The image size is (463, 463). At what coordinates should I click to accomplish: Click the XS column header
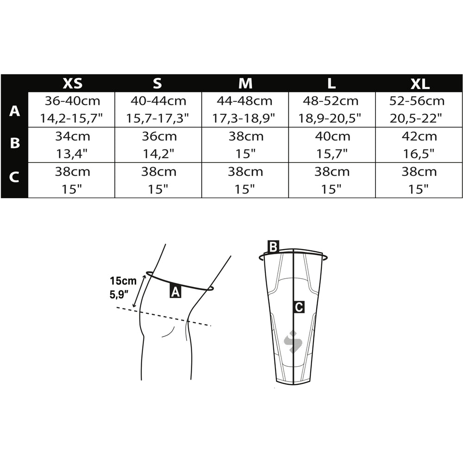(x=72, y=83)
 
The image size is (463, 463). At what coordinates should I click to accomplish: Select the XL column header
(x=420, y=84)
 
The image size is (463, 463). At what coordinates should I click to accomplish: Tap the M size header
(x=245, y=83)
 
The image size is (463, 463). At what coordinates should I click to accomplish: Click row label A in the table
(x=14, y=111)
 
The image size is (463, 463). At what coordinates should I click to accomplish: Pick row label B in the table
(x=15, y=143)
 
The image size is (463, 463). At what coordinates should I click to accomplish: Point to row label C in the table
(x=14, y=177)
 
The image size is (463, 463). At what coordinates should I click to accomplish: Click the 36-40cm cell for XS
(x=71, y=110)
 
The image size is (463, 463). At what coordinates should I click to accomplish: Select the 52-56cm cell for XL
(x=419, y=110)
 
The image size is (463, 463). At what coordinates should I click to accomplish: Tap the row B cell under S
(x=158, y=144)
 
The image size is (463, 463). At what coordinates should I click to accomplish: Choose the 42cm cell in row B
(x=419, y=144)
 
